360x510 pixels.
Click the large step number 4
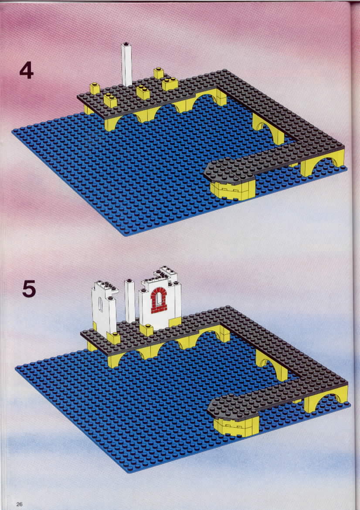click(26, 70)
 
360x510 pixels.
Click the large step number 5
click(29, 289)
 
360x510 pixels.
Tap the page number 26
click(19, 504)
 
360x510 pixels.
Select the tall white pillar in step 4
click(126, 65)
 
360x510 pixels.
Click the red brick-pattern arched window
click(159, 300)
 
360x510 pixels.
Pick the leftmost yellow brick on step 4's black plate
click(95, 88)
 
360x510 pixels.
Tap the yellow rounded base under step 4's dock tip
click(233, 190)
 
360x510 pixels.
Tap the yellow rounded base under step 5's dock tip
click(236, 426)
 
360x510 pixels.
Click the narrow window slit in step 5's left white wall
click(101, 305)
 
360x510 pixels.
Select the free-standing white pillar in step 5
click(129, 301)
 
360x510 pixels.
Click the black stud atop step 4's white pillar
click(126, 44)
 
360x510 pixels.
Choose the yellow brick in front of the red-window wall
click(146, 330)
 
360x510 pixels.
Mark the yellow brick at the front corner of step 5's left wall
click(113, 338)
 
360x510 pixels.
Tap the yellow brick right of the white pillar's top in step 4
click(159, 73)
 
